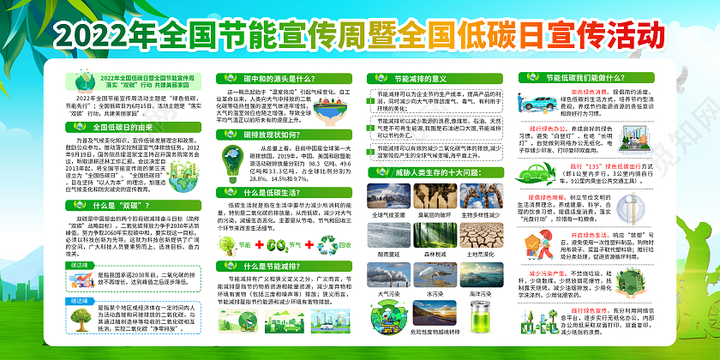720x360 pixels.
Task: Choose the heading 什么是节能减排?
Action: pyautogui.click(x=257, y=267)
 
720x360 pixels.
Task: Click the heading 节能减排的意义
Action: pyautogui.click(x=407, y=79)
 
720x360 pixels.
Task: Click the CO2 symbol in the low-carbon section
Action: pyautogui.click(x=256, y=244)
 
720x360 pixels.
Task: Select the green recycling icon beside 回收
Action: pyautogui.click(x=305, y=244)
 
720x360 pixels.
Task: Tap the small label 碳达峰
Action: pyautogui.click(x=76, y=266)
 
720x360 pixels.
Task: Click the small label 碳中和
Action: pyautogui.click(x=76, y=302)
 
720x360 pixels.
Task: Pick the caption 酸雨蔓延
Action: pyautogui.click(x=387, y=255)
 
